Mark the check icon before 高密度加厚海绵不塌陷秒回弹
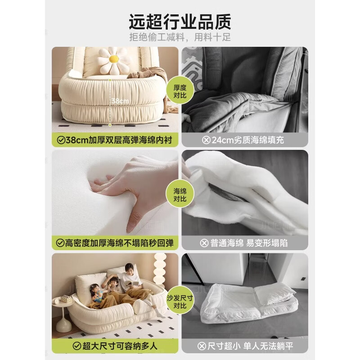coord(60,243)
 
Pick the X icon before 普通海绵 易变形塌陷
coord(204,243)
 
